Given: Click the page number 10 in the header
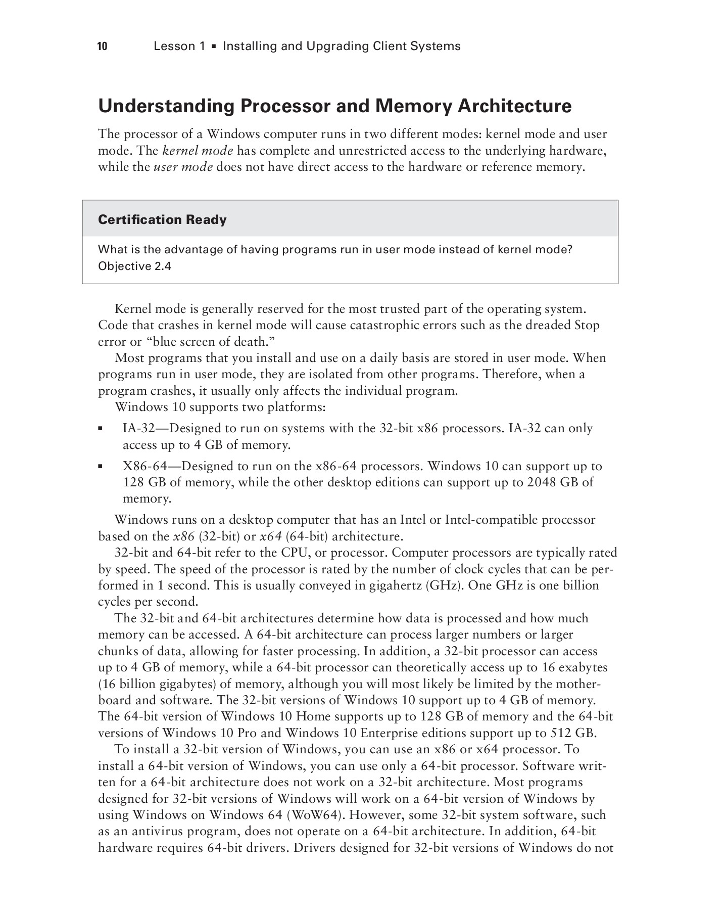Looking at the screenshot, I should (103, 47).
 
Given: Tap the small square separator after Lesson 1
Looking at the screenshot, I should (214, 47).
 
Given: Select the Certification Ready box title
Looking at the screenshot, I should (162, 220).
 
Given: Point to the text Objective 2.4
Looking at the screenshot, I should (134, 266).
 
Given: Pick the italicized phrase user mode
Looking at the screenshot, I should (183, 167).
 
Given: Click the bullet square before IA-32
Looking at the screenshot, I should (101, 429).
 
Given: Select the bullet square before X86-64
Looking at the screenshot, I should (101, 467).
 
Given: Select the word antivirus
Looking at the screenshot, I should (159, 832).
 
